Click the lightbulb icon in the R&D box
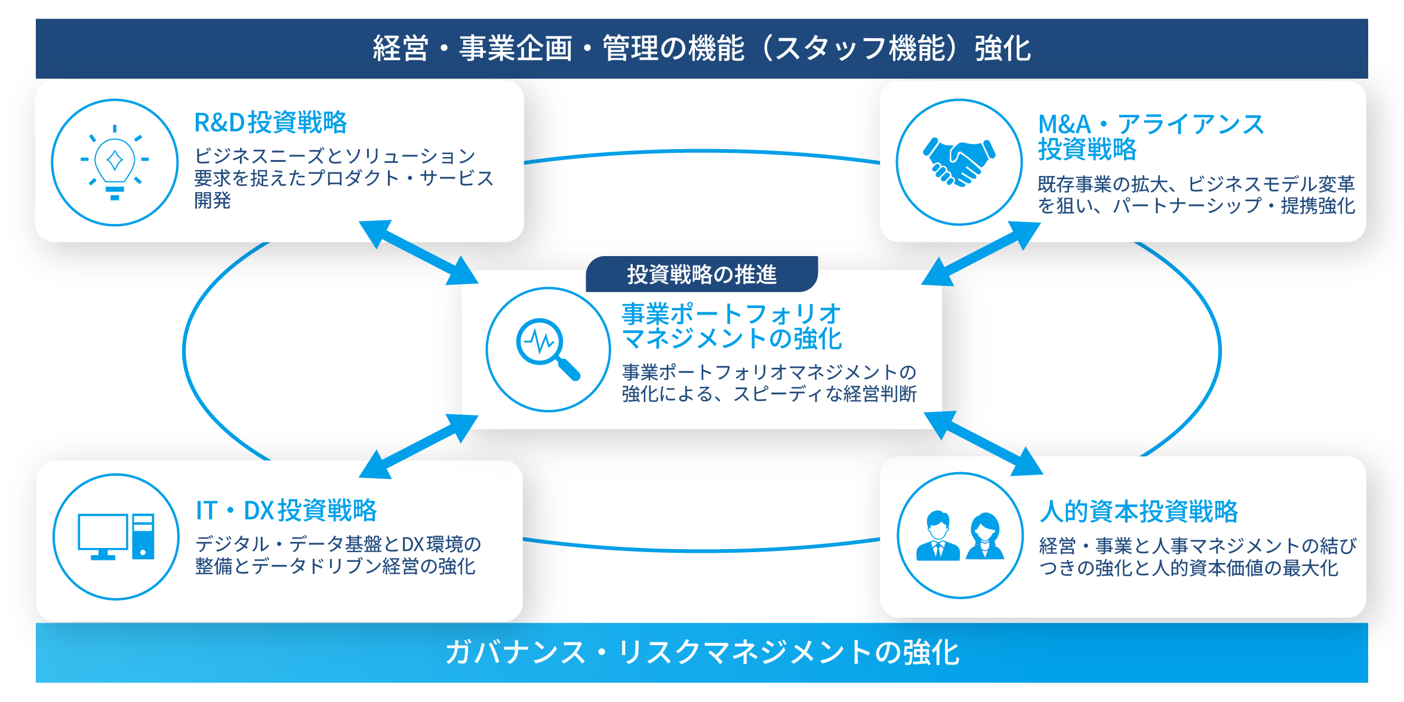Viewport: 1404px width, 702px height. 115,162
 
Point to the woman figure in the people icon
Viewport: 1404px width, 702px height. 984,535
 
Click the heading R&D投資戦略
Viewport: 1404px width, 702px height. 270,122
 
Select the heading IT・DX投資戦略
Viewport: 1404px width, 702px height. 286,510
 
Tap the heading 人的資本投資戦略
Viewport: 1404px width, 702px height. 1138,512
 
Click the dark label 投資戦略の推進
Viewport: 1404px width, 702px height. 701,275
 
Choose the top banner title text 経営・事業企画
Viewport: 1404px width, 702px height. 472,48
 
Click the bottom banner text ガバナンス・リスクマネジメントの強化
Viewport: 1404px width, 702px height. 702,652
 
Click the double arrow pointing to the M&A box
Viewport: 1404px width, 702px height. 981,253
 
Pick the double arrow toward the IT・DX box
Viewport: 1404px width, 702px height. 418,447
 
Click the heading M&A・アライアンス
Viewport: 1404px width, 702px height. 1150,125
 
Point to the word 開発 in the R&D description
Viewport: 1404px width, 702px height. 212,201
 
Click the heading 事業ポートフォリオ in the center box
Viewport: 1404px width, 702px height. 731,314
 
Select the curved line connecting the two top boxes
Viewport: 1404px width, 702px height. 702,152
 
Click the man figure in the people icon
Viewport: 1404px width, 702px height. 938,535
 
